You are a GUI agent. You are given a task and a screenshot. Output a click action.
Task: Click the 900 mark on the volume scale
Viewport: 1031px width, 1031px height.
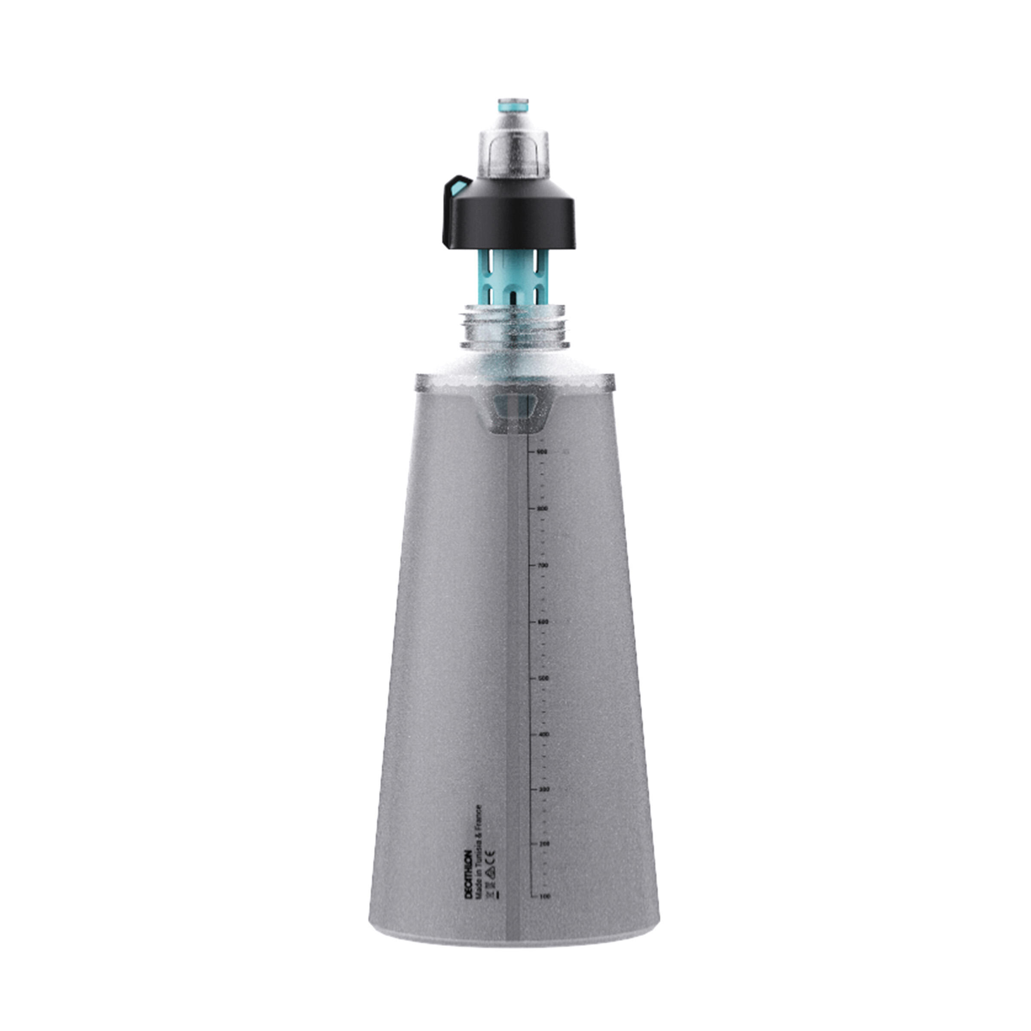tap(543, 452)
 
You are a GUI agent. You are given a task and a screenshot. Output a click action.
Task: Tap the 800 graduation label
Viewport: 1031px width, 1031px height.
tap(543, 509)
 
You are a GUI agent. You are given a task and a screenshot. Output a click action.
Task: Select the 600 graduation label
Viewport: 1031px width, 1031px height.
tap(543, 622)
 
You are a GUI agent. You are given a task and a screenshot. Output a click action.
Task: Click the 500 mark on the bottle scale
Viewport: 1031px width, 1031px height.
tap(543, 678)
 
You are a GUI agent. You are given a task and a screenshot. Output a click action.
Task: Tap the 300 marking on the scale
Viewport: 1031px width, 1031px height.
tap(544, 789)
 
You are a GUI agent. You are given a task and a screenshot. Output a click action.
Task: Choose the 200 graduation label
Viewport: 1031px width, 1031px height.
tap(544, 844)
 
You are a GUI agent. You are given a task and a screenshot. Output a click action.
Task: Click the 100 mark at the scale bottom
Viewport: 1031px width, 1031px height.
tap(544, 897)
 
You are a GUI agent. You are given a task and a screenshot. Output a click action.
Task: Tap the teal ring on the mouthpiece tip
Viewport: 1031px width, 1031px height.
tap(513, 108)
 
